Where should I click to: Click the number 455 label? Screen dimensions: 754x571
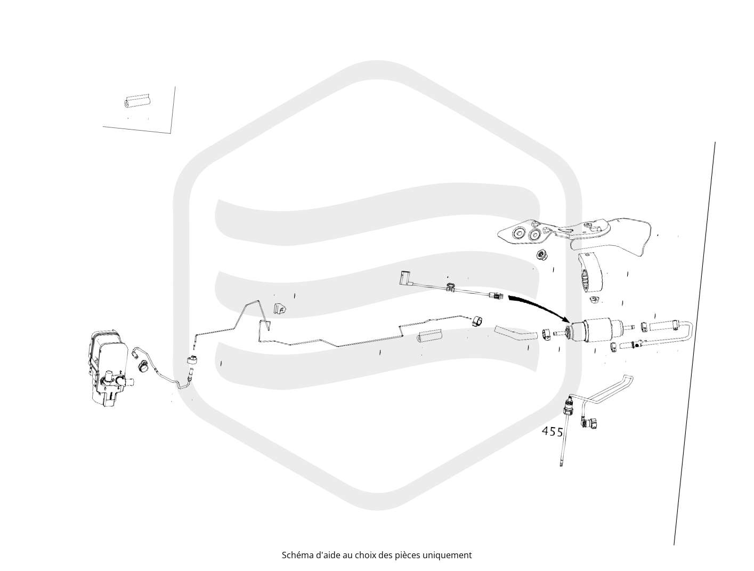pyautogui.click(x=552, y=431)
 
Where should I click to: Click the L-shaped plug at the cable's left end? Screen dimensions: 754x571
pyautogui.click(x=403, y=278)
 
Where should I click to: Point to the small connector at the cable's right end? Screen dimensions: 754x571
pyautogui.click(x=496, y=295)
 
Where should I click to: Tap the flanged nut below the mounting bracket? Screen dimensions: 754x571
pyautogui.click(x=542, y=255)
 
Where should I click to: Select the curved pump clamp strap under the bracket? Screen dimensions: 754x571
pyautogui.click(x=590, y=276)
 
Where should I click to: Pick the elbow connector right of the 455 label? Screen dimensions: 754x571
pyautogui.click(x=589, y=423)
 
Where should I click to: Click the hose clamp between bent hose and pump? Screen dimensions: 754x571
pyautogui.click(x=546, y=333)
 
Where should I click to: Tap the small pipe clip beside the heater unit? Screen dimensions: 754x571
pyautogui.click(x=143, y=366)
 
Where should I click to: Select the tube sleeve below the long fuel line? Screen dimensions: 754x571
pyautogui.click(x=429, y=336)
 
